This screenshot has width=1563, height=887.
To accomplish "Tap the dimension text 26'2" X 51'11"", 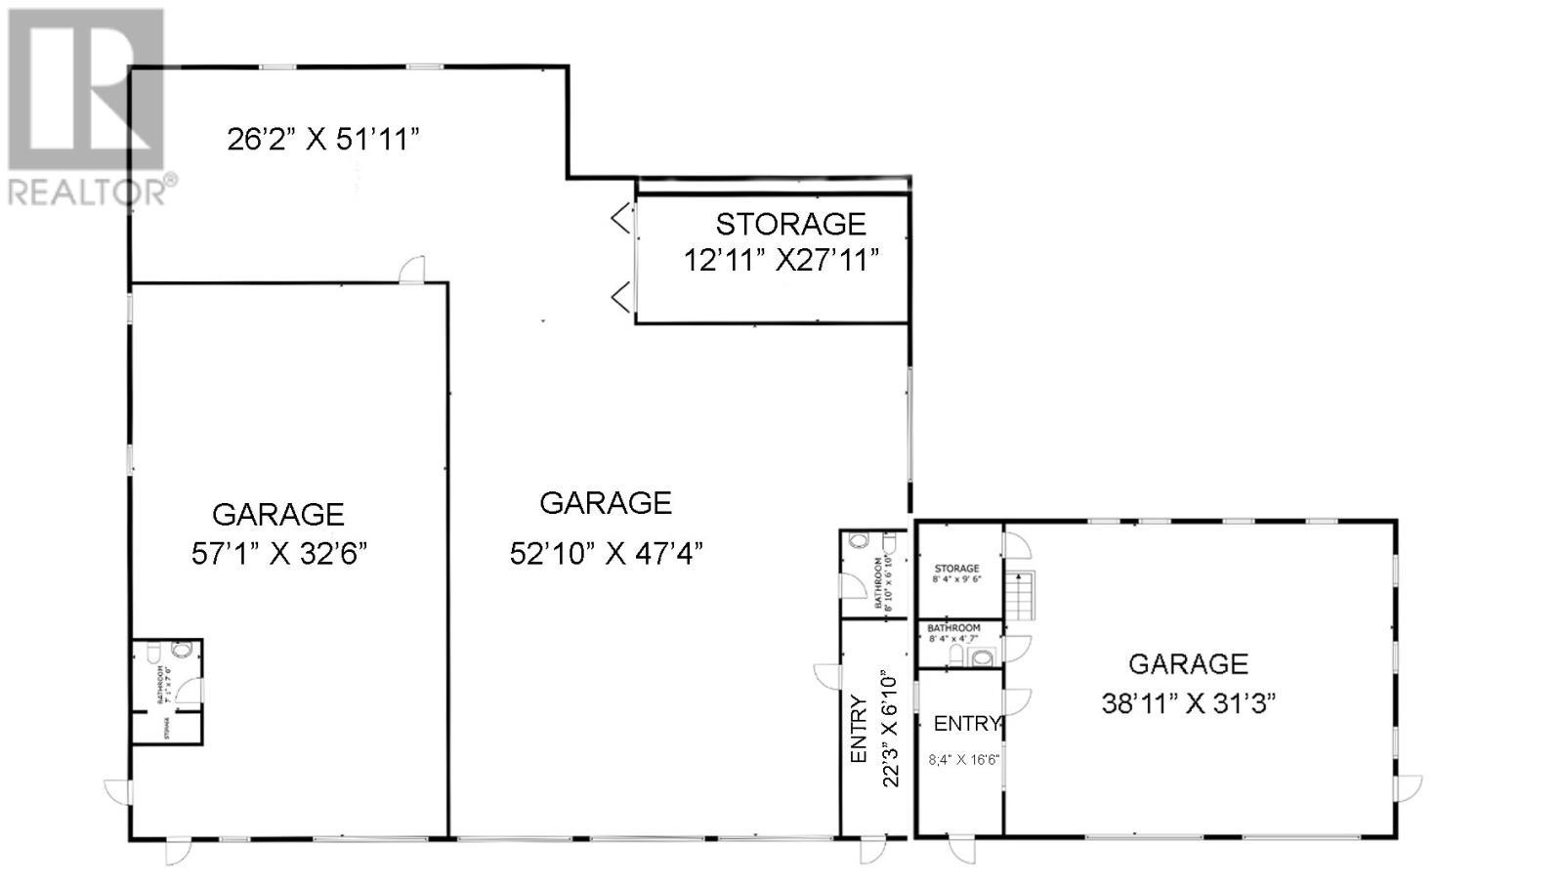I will tap(323, 140).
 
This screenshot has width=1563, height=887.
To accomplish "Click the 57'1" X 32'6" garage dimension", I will tap(279, 554).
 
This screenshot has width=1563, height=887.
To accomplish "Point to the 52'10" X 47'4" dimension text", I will tap(607, 554).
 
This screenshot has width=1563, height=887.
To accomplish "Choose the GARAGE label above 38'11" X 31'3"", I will tap(1188, 664).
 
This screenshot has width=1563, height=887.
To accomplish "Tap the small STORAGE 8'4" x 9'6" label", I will tap(956, 573).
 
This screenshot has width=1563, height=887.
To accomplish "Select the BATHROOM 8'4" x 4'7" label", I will tap(953, 632).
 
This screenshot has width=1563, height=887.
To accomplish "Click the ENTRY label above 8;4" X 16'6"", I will tap(966, 724).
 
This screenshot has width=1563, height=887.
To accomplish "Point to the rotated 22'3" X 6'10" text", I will tap(889, 729).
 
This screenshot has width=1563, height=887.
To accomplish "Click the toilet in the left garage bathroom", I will tap(182, 649).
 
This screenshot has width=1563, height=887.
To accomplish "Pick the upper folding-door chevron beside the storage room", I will tap(621, 218).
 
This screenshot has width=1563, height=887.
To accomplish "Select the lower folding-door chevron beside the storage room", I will tap(621, 296).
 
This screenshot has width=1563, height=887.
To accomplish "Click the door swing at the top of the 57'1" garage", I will tap(412, 270).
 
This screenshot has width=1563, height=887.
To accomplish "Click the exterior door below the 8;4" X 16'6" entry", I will tap(962, 848).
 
